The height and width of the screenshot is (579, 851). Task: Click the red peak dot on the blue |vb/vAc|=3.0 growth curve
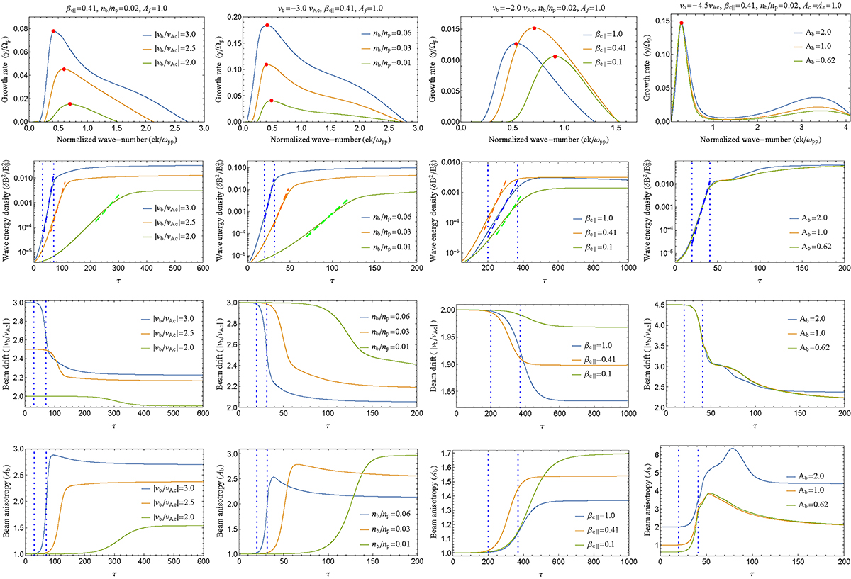point(53,31)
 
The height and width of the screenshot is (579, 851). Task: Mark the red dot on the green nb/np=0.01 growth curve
point(272,101)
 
